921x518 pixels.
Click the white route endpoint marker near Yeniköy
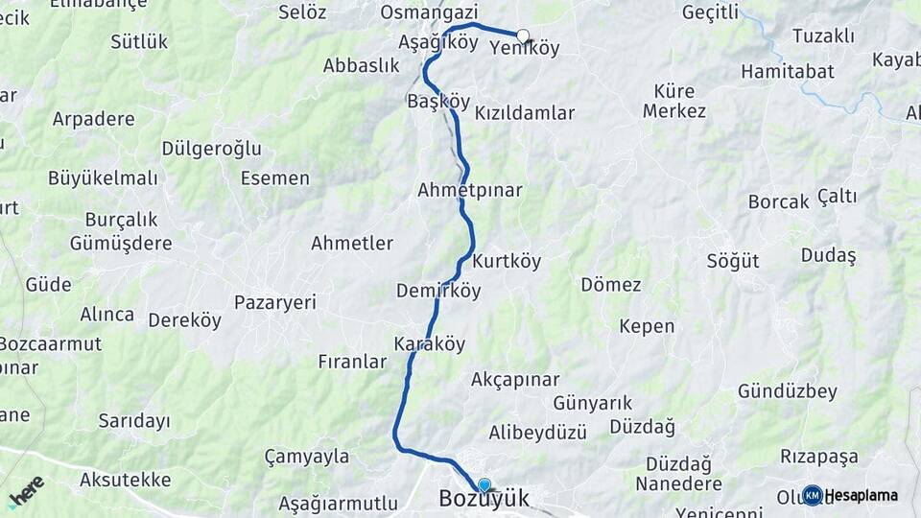523,36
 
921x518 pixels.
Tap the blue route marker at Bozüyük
484,485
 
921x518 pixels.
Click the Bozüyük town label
484,500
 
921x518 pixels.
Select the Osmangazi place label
429,12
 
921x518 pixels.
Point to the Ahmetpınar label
470,190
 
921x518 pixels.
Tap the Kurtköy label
508,261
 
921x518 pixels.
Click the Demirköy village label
438,291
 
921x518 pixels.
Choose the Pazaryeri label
275,302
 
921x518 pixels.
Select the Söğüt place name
733,261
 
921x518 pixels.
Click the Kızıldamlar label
525,113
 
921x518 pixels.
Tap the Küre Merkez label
674,101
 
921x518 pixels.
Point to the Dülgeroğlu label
211,148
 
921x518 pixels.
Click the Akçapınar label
515,380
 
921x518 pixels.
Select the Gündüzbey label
788,391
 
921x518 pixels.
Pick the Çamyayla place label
307,457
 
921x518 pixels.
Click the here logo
27,491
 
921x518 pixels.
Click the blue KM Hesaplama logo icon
813,495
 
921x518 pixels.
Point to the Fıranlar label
352,362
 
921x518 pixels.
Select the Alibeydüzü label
537,432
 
